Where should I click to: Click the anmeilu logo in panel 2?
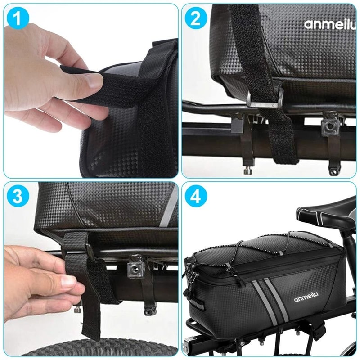click(329, 24)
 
